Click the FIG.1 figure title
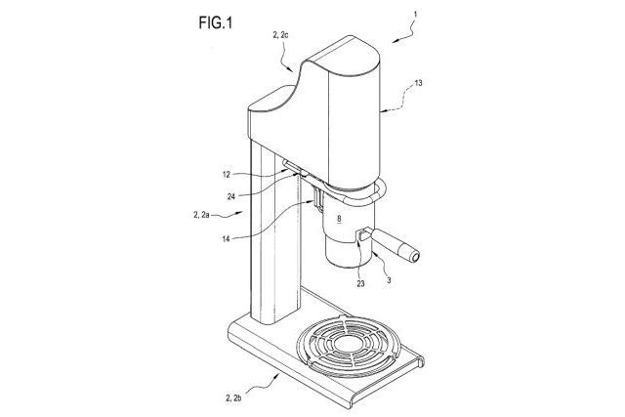[215, 22]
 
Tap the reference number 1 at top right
[415, 15]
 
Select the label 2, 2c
[280, 35]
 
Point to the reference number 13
[418, 83]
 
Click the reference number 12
[227, 175]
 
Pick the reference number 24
[231, 196]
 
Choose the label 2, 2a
[201, 215]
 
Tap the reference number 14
[226, 239]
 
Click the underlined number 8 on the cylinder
[339, 219]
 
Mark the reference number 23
[360, 284]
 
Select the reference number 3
[389, 280]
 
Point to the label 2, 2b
[233, 397]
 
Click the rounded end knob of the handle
[414, 256]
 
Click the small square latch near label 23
[364, 233]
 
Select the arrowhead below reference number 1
[395, 40]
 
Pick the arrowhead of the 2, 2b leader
[276, 375]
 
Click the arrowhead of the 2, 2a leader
[240, 213]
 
